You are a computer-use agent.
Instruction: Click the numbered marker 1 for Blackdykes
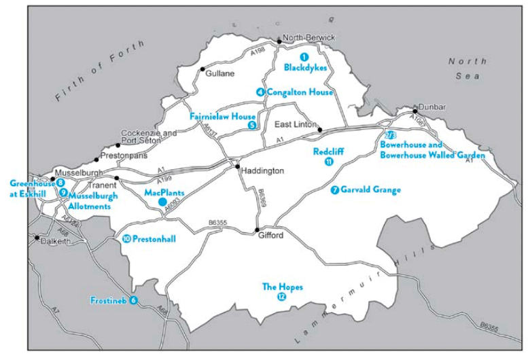(x=304, y=57)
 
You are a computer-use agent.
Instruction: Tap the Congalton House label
(x=299, y=92)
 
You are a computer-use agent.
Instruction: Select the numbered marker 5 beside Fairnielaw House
(x=251, y=125)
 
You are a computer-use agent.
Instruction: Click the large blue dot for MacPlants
(x=162, y=202)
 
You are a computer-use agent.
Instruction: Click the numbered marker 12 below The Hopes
(x=282, y=298)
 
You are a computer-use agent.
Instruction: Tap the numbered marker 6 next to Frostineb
(x=133, y=300)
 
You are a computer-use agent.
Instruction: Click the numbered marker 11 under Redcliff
(x=329, y=162)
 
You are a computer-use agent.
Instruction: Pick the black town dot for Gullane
(x=202, y=69)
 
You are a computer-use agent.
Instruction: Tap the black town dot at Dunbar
(x=415, y=109)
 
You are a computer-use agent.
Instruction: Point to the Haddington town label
(x=262, y=171)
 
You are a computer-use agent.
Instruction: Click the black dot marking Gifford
(x=257, y=230)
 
